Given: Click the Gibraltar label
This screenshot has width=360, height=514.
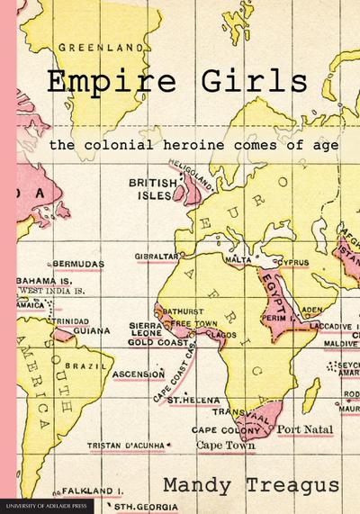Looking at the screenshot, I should (157, 256).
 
